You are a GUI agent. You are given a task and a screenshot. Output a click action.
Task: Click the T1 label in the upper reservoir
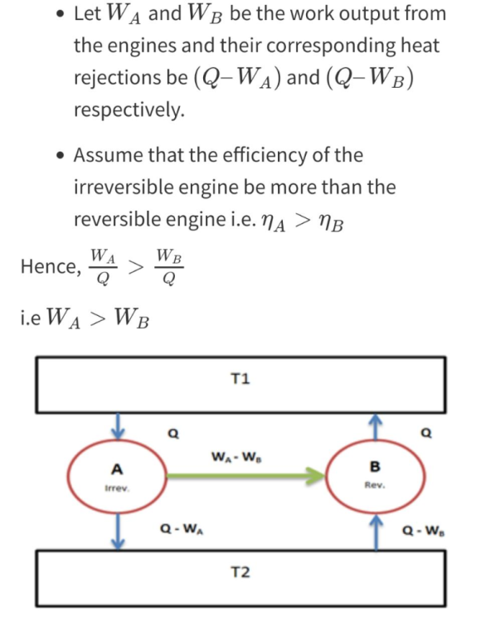point(240,379)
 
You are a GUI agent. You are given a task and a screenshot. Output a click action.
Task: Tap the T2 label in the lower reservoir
point(240,571)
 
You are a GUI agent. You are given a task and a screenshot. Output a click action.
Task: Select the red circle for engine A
point(68,476)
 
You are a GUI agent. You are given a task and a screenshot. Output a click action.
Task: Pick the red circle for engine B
point(326,476)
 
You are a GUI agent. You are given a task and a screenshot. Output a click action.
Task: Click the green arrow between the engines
point(245,476)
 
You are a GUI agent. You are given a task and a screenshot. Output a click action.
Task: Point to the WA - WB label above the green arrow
point(236,456)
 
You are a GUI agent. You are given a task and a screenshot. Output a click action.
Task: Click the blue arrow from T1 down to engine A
point(118,426)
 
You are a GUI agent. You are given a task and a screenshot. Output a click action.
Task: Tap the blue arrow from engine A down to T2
point(118,531)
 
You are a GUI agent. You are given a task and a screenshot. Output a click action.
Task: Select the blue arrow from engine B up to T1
point(376,427)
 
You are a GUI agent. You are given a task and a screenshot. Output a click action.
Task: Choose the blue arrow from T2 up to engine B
point(376,533)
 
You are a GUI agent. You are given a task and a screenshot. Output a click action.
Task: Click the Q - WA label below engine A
point(182,529)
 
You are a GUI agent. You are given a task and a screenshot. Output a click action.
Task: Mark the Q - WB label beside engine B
point(424,531)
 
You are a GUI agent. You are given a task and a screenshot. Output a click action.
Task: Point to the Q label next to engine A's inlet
point(173,433)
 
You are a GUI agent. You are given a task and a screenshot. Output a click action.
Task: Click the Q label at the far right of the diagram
point(426,432)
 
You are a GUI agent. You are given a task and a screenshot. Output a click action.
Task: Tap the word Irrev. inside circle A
point(117,488)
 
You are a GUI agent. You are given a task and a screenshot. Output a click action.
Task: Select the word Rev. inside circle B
point(375,485)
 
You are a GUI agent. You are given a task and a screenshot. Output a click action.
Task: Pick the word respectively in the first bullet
point(129,109)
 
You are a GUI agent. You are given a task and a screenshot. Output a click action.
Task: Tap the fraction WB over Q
point(168,267)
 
